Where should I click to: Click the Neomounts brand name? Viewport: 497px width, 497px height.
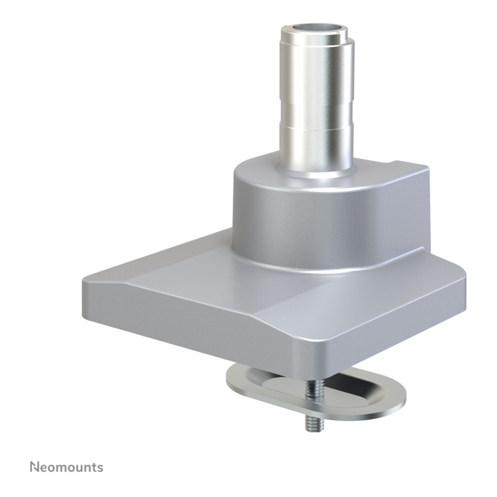click(x=66, y=467)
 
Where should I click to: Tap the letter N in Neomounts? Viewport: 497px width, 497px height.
click(x=34, y=467)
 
